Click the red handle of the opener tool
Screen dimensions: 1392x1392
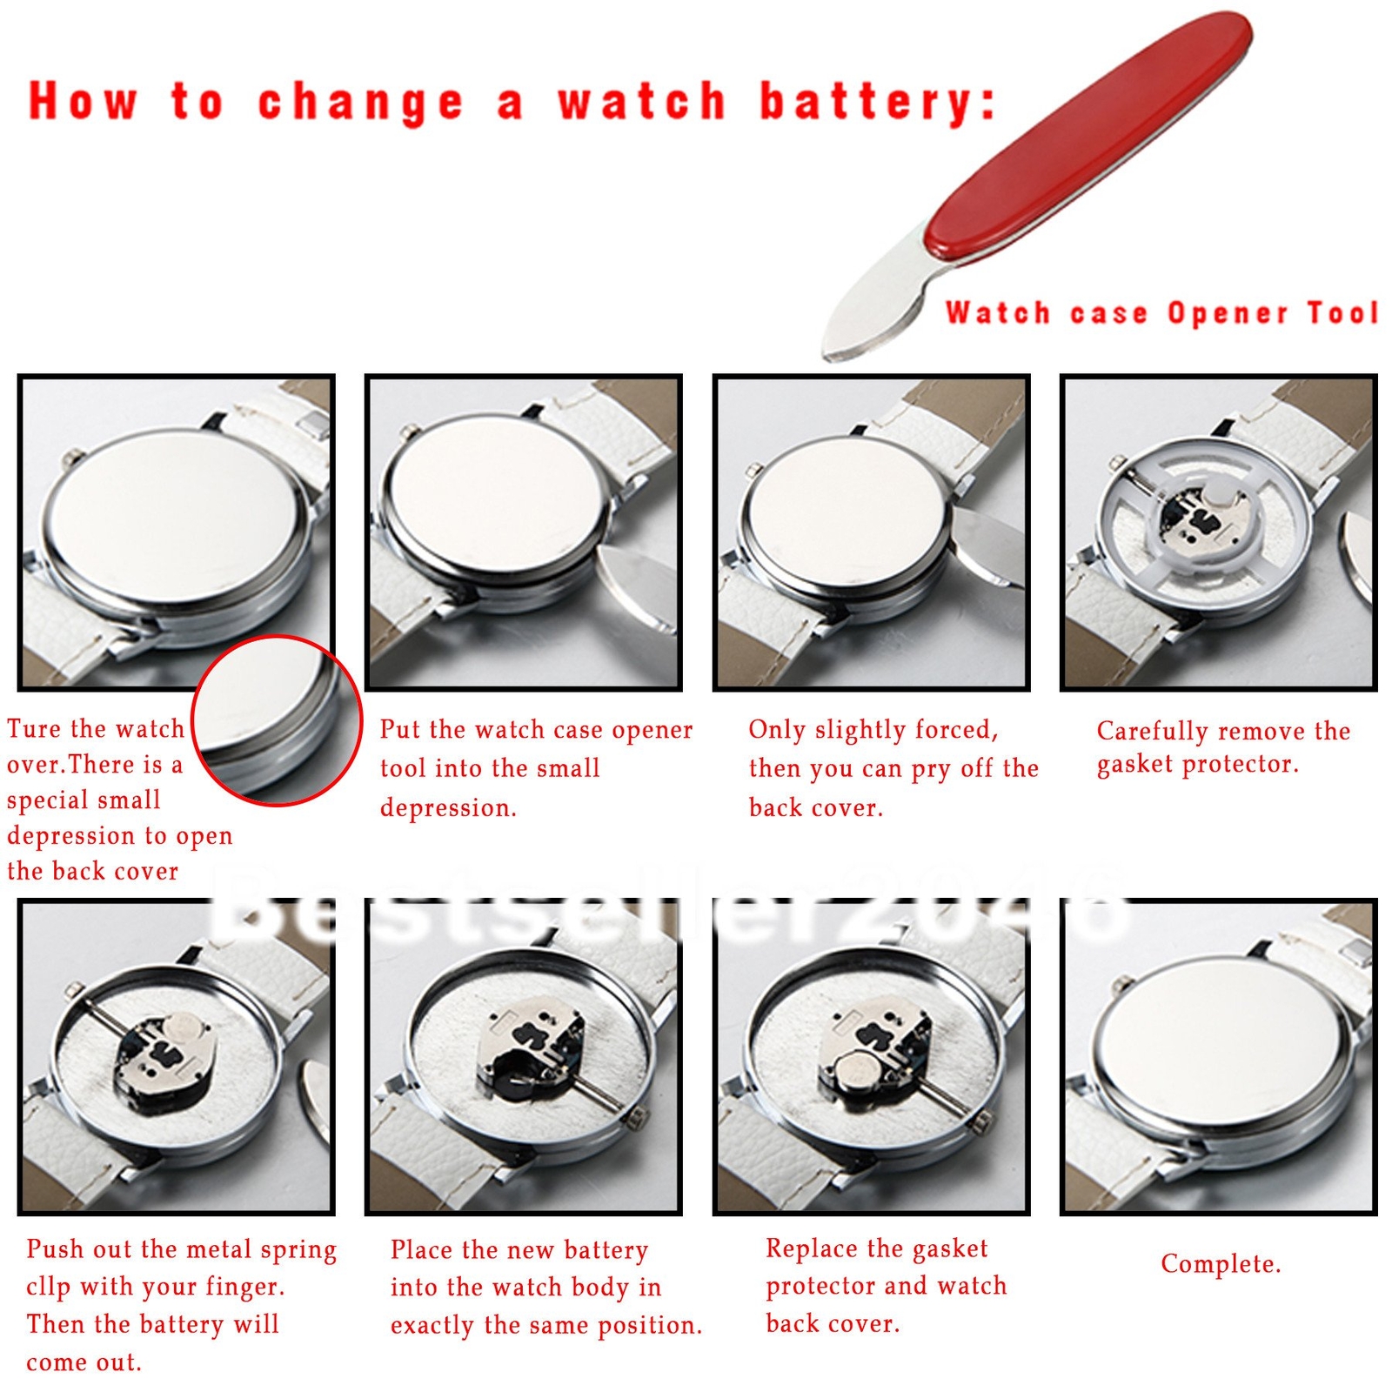click(1087, 135)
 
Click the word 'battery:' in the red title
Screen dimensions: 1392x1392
click(877, 103)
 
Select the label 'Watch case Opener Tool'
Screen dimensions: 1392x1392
click(1161, 312)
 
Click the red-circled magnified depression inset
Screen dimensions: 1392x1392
click(276, 720)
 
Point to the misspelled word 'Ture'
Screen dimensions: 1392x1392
click(36, 728)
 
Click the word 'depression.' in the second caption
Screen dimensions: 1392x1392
click(448, 808)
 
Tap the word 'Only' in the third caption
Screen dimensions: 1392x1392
click(776, 729)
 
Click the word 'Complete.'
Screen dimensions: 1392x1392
click(1221, 1264)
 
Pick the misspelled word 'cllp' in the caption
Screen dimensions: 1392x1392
click(48, 1287)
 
